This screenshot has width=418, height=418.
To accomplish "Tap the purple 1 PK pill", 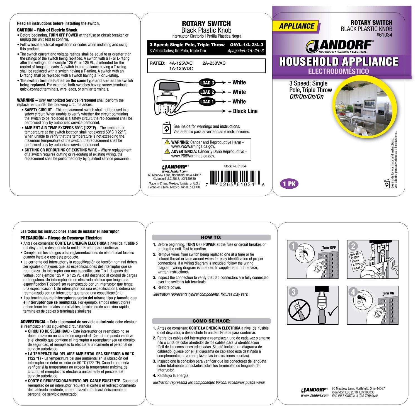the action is click(289, 184).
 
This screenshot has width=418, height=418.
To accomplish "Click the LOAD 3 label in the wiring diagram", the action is click(207, 82).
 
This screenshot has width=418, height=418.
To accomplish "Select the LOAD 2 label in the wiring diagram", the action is click(207, 92).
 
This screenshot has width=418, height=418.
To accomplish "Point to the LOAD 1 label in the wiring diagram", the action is click(207, 102).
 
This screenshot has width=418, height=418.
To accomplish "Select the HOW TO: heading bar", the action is click(211, 237).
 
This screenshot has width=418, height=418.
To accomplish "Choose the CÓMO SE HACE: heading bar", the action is click(211, 321).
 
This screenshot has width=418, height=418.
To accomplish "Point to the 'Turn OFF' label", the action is click(329, 248).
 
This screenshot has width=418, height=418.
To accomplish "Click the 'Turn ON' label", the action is click(388, 293).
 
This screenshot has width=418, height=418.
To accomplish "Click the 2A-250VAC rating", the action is click(214, 63).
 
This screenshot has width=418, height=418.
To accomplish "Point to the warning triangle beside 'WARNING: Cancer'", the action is click(167, 142).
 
